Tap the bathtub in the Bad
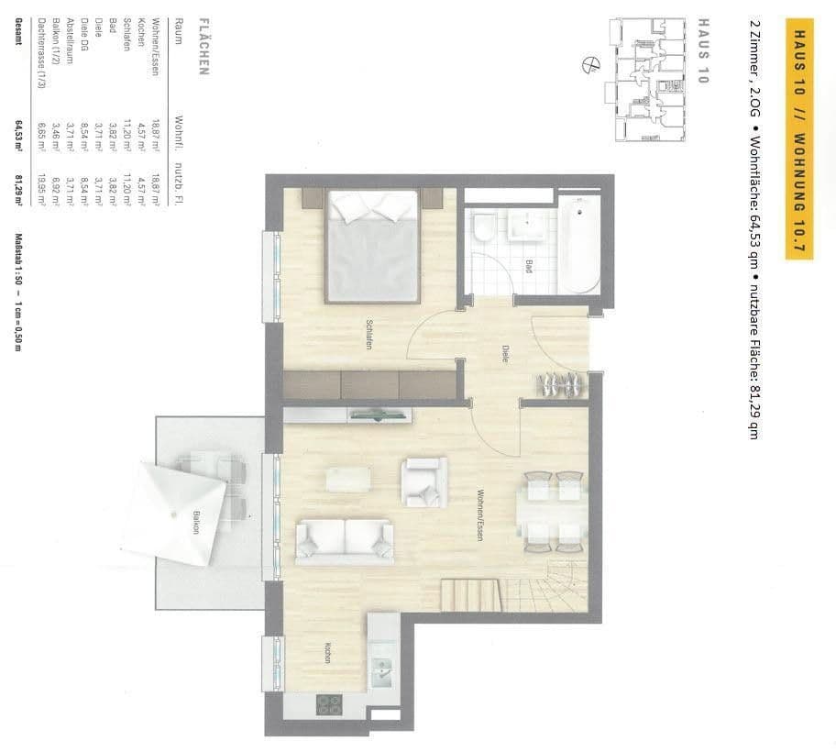[x=578, y=244]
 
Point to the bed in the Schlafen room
[x=374, y=248]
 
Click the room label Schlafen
[x=368, y=331]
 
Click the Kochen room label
[x=326, y=652]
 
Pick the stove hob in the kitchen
[x=329, y=704]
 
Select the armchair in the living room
[x=423, y=481]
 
